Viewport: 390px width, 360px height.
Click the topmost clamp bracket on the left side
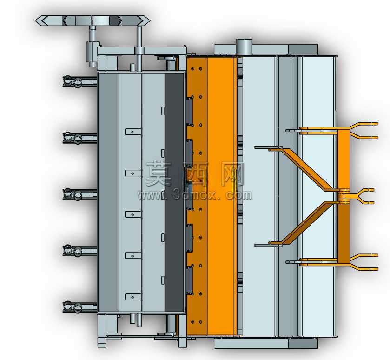pos(79,81)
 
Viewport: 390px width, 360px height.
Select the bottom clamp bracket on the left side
pos(79,307)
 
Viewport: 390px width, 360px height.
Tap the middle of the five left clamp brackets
pos(79,194)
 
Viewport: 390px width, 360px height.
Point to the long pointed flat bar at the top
pos(93,20)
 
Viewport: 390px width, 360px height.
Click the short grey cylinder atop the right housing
pos(244,47)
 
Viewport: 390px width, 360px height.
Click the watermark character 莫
pos(159,173)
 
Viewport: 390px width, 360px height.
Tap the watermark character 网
pos(232,174)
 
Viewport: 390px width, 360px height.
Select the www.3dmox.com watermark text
pos(194,195)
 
